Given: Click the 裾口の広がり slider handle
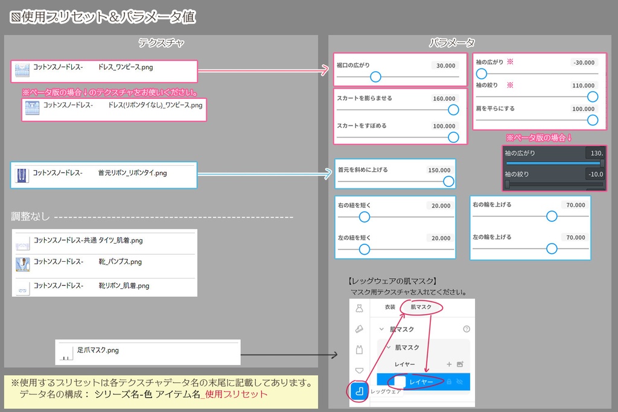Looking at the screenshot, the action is tap(375, 77).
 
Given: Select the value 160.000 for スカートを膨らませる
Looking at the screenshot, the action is tap(444, 98).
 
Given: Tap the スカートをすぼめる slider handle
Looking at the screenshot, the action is tap(453, 137).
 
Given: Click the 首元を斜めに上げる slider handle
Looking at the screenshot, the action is tap(448, 181).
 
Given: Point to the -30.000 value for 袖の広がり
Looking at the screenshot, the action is tap(584, 62).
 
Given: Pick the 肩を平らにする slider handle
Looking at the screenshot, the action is tap(593, 120).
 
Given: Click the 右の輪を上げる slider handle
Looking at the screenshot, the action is tap(551, 216).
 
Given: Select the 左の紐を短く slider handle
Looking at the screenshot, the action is tap(364, 249).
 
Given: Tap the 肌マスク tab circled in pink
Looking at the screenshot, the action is tap(421, 307).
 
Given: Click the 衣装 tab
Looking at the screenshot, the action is tap(390, 307).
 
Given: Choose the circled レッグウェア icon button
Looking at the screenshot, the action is tap(359, 391).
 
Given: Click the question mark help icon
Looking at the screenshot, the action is tap(466, 329).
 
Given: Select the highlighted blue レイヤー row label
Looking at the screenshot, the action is tap(421, 382).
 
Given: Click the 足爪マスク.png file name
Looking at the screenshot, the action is tap(98, 350).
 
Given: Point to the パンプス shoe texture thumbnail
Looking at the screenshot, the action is tap(22, 263).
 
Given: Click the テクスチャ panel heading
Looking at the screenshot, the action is tap(161, 43).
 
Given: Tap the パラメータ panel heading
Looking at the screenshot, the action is tap(452, 43).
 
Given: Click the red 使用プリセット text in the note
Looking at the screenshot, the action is tap(235, 395).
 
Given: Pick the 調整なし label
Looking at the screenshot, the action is tap(30, 217).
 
